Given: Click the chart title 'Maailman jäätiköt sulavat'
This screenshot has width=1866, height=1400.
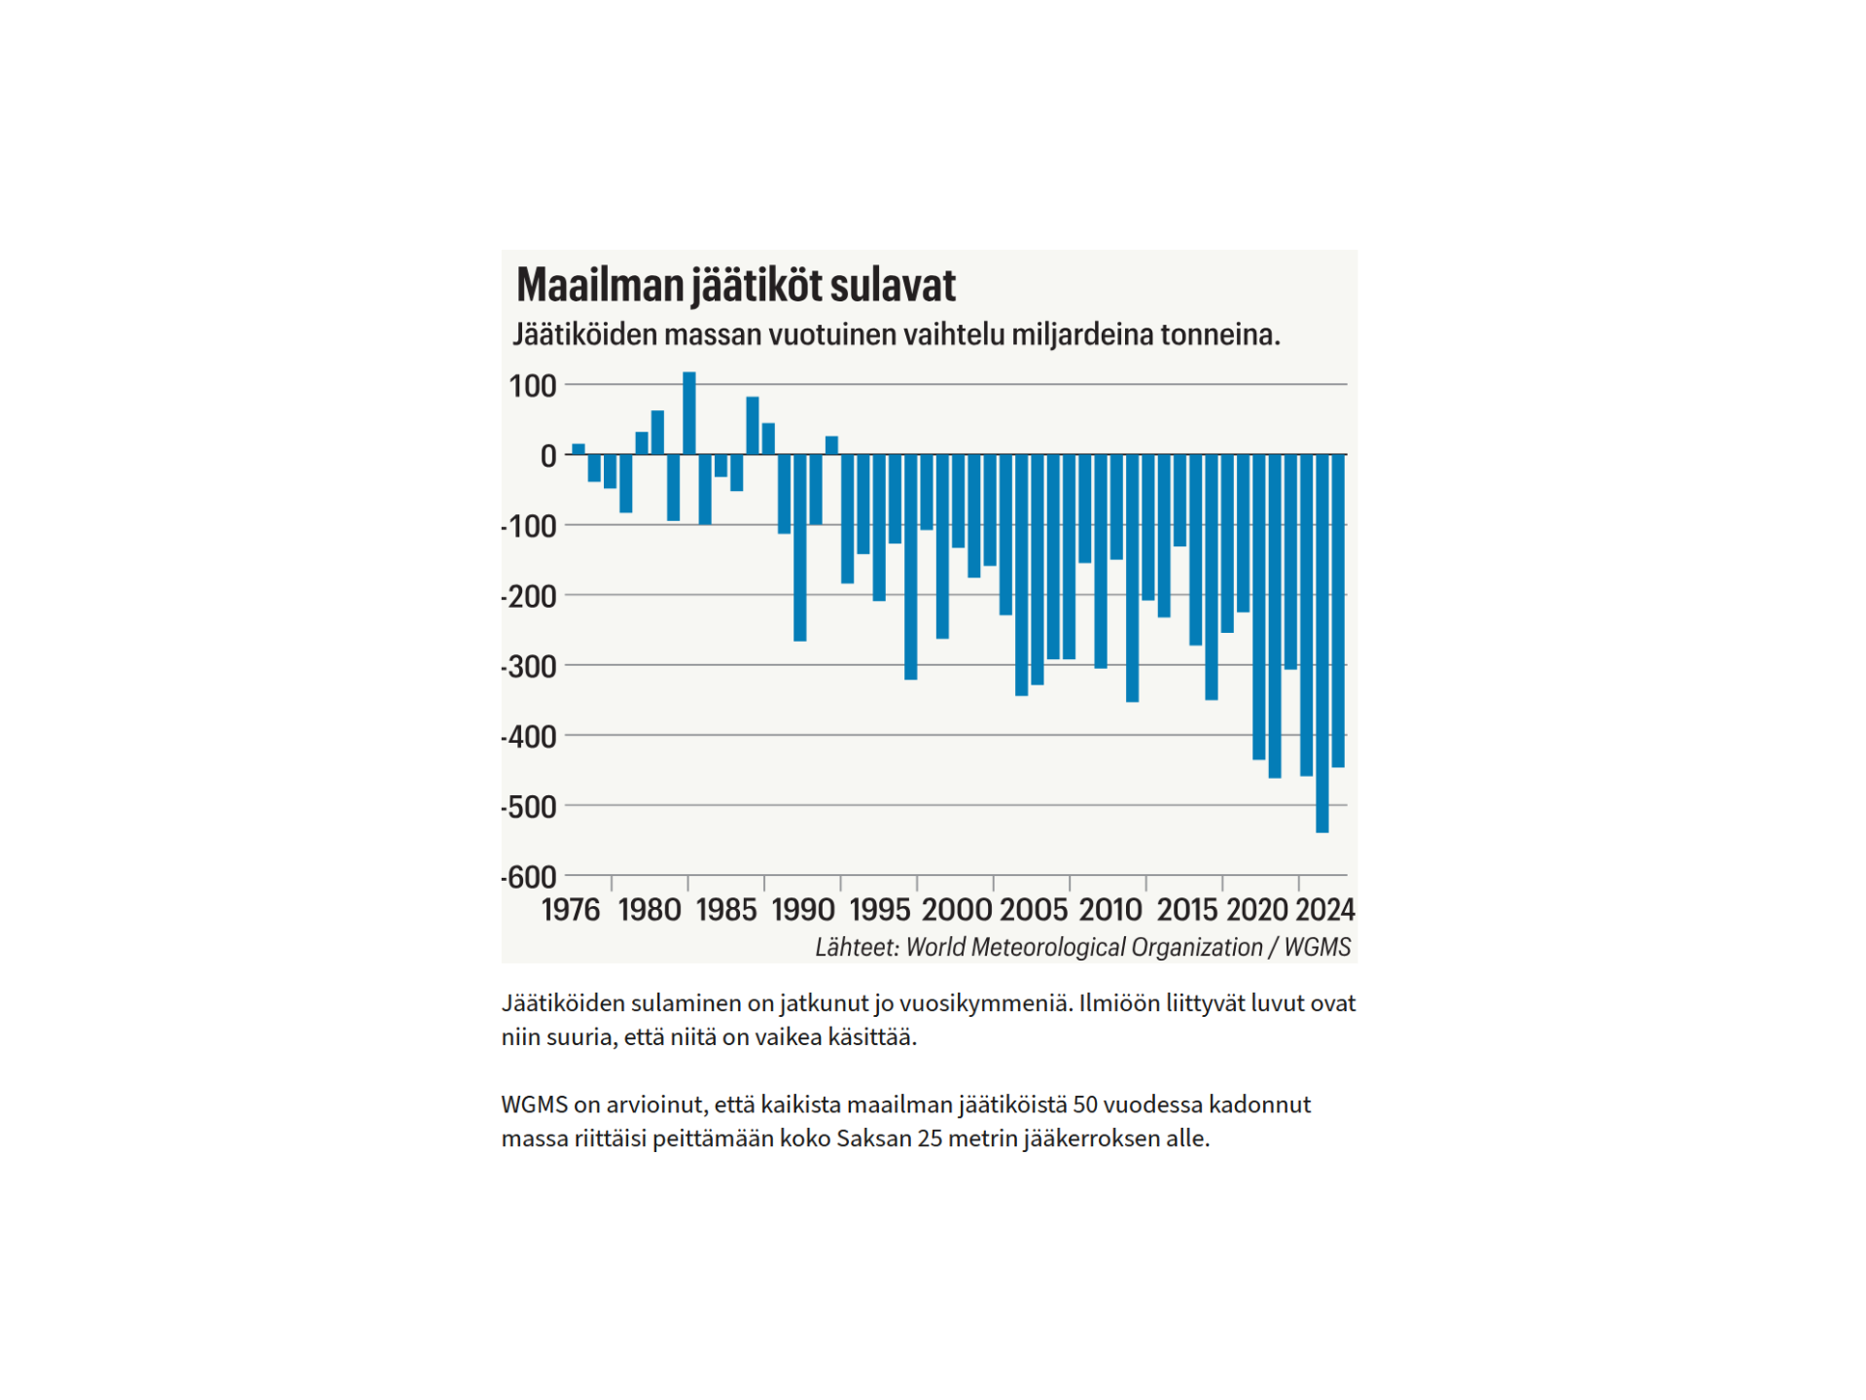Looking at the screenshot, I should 735,286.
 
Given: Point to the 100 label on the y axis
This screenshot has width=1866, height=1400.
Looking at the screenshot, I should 533,387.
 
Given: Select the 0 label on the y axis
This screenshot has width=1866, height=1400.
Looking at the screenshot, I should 548,456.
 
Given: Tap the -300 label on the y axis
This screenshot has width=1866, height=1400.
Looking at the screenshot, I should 531,667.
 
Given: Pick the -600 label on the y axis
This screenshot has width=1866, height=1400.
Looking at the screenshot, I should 531,878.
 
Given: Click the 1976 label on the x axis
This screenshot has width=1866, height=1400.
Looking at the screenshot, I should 571,910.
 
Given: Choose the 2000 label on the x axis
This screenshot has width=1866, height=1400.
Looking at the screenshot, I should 957,910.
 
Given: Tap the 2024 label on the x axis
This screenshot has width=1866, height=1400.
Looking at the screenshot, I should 1324,910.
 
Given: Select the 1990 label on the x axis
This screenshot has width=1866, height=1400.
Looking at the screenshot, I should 803,910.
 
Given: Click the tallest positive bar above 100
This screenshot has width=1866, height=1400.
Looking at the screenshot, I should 689,413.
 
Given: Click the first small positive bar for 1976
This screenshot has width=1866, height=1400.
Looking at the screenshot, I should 579,449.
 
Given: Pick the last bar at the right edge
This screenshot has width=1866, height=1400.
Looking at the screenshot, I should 1338,611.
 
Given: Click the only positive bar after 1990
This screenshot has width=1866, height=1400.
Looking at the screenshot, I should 831,445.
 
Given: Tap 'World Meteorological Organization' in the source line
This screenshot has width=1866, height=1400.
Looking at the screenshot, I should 1083,948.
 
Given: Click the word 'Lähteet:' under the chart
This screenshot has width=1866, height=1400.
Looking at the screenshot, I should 857,948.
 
